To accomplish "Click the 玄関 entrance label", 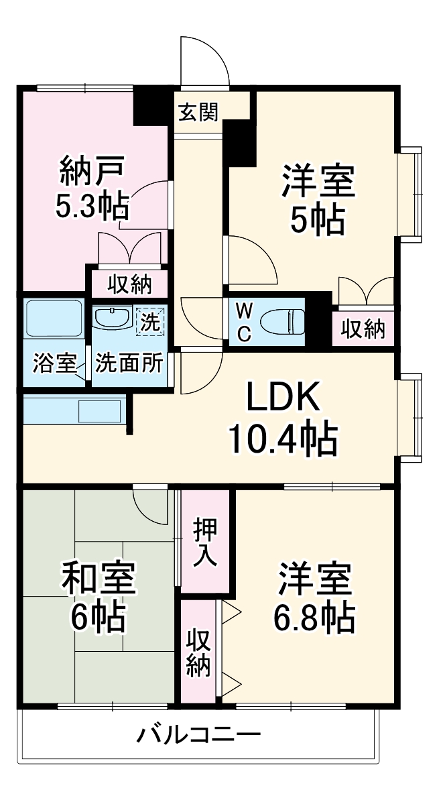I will [x=198, y=113].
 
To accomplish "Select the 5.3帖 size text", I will [x=92, y=209].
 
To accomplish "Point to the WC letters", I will [x=245, y=322].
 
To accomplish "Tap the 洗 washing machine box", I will [x=151, y=321].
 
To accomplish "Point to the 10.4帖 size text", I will [x=281, y=439].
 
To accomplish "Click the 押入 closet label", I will [x=204, y=541].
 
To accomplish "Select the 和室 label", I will [x=99, y=578].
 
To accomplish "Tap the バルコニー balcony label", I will [x=198, y=736].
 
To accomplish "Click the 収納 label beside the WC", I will [x=363, y=329].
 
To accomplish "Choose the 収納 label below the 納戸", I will [x=131, y=285].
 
